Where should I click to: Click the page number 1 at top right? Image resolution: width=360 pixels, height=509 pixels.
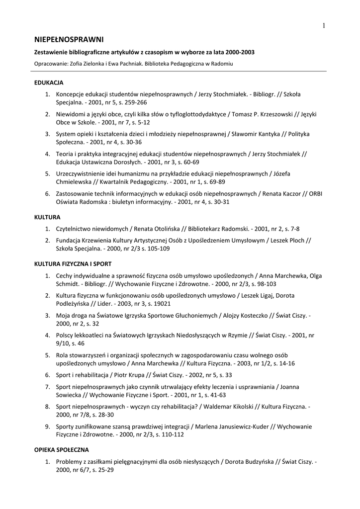coord(324,26)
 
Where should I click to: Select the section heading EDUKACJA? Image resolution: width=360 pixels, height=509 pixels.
coord(48,82)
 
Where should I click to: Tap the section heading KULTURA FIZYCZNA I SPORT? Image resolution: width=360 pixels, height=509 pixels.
coord(73,264)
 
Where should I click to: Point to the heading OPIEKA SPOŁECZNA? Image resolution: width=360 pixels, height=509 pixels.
coord(61,449)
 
